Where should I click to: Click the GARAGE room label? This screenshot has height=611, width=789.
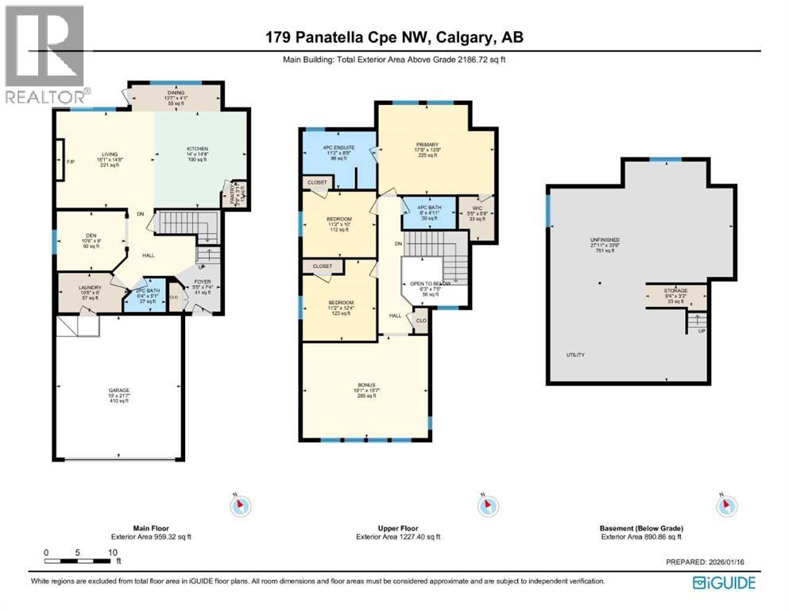click(119, 391)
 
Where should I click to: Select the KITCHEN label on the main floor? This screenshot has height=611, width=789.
click(197, 149)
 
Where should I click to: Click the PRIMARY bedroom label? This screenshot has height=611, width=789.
click(426, 144)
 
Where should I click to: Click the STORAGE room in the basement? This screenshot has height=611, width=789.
click(675, 291)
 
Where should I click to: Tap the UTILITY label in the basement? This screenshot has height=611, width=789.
click(575, 354)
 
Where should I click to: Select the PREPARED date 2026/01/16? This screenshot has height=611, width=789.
click(708, 562)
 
